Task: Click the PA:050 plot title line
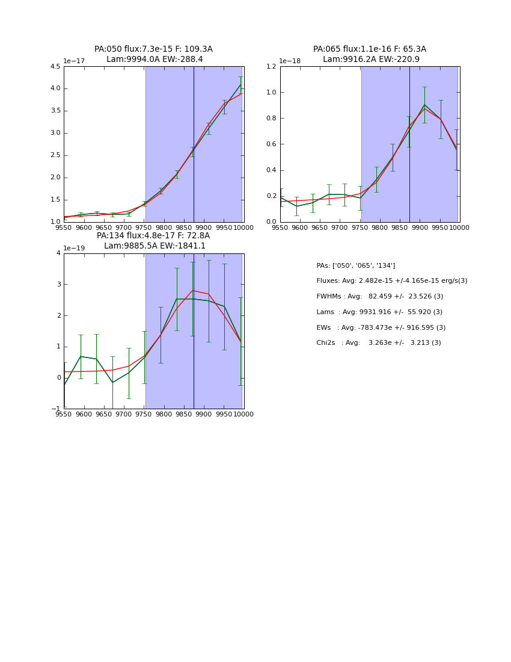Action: (x=153, y=49)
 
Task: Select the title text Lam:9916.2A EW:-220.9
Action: (x=371, y=60)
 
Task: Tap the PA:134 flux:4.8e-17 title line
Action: (x=153, y=236)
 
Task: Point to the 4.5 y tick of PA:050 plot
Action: (x=55, y=67)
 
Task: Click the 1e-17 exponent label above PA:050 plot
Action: (x=74, y=61)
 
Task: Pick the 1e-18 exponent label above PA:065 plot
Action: (x=290, y=61)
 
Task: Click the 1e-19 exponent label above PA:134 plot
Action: (x=74, y=248)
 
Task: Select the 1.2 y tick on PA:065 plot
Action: (x=271, y=67)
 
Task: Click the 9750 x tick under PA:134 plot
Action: (x=144, y=414)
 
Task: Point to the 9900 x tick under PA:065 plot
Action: (x=420, y=227)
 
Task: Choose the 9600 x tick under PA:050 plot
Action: (x=84, y=227)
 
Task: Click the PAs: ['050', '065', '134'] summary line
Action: (x=356, y=266)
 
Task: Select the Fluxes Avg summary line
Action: (x=391, y=281)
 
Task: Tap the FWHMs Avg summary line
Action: (x=379, y=297)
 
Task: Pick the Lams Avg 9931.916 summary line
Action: (x=379, y=312)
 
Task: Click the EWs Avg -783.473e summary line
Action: (x=381, y=328)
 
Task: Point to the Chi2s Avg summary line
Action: (x=379, y=343)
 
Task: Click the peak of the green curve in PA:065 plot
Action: (x=424, y=105)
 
